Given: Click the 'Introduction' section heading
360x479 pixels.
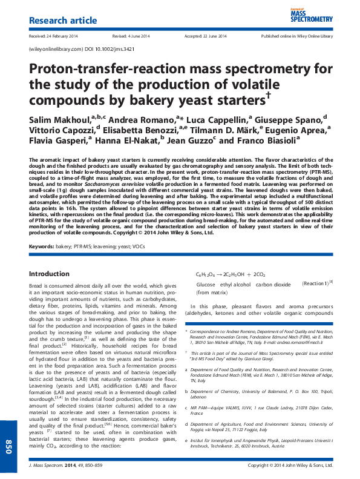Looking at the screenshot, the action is tap(50, 274).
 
